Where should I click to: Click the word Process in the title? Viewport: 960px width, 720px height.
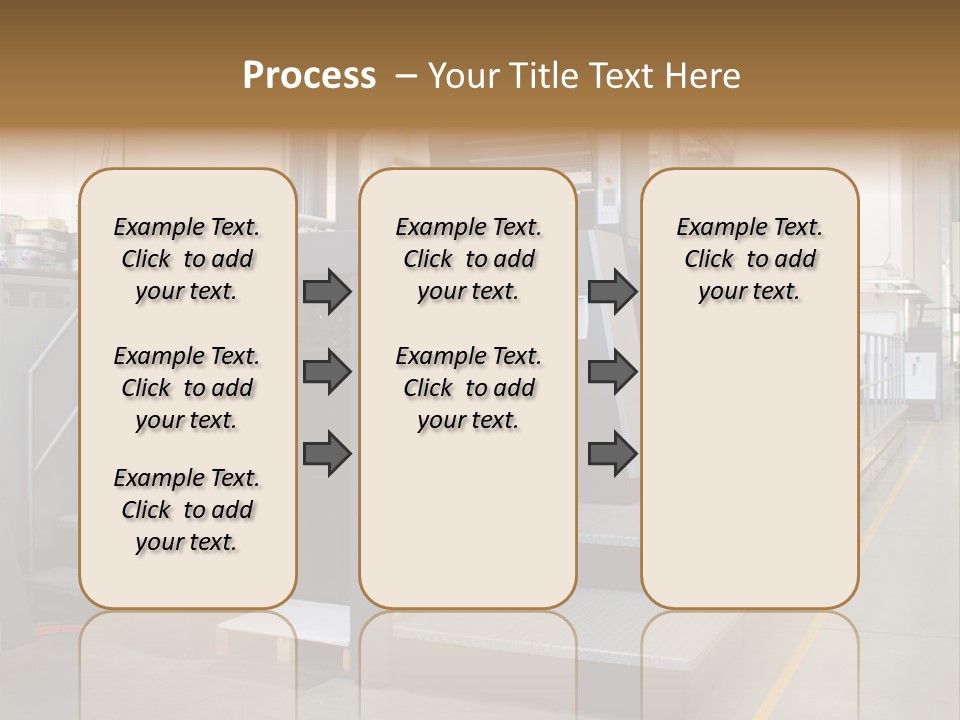(x=309, y=76)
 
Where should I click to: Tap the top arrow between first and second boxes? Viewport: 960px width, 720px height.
(x=327, y=291)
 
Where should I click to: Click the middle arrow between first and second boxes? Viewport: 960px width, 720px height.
(x=327, y=372)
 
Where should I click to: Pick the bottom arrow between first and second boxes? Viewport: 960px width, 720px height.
(x=327, y=454)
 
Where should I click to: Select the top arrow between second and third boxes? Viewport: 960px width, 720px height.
(x=612, y=291)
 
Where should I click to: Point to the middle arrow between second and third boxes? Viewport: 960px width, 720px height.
(x=612, y=372)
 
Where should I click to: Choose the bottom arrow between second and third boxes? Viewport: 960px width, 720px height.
(x=612, y=454)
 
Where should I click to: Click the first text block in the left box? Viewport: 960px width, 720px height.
(x=187, y=259)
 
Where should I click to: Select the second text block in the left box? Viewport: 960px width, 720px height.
(x=187, y=388)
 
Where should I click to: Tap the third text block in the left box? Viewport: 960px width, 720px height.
(x=187, y=510)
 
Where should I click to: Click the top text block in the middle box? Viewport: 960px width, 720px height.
(x=468, y=259)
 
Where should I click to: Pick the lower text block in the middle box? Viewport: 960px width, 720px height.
(x=468, y=388)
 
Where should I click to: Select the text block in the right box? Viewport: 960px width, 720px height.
(x=749, y=259)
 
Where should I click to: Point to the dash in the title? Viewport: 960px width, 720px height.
(x=406, y=76)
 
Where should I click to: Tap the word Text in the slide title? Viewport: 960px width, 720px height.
(x=618, y=76)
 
